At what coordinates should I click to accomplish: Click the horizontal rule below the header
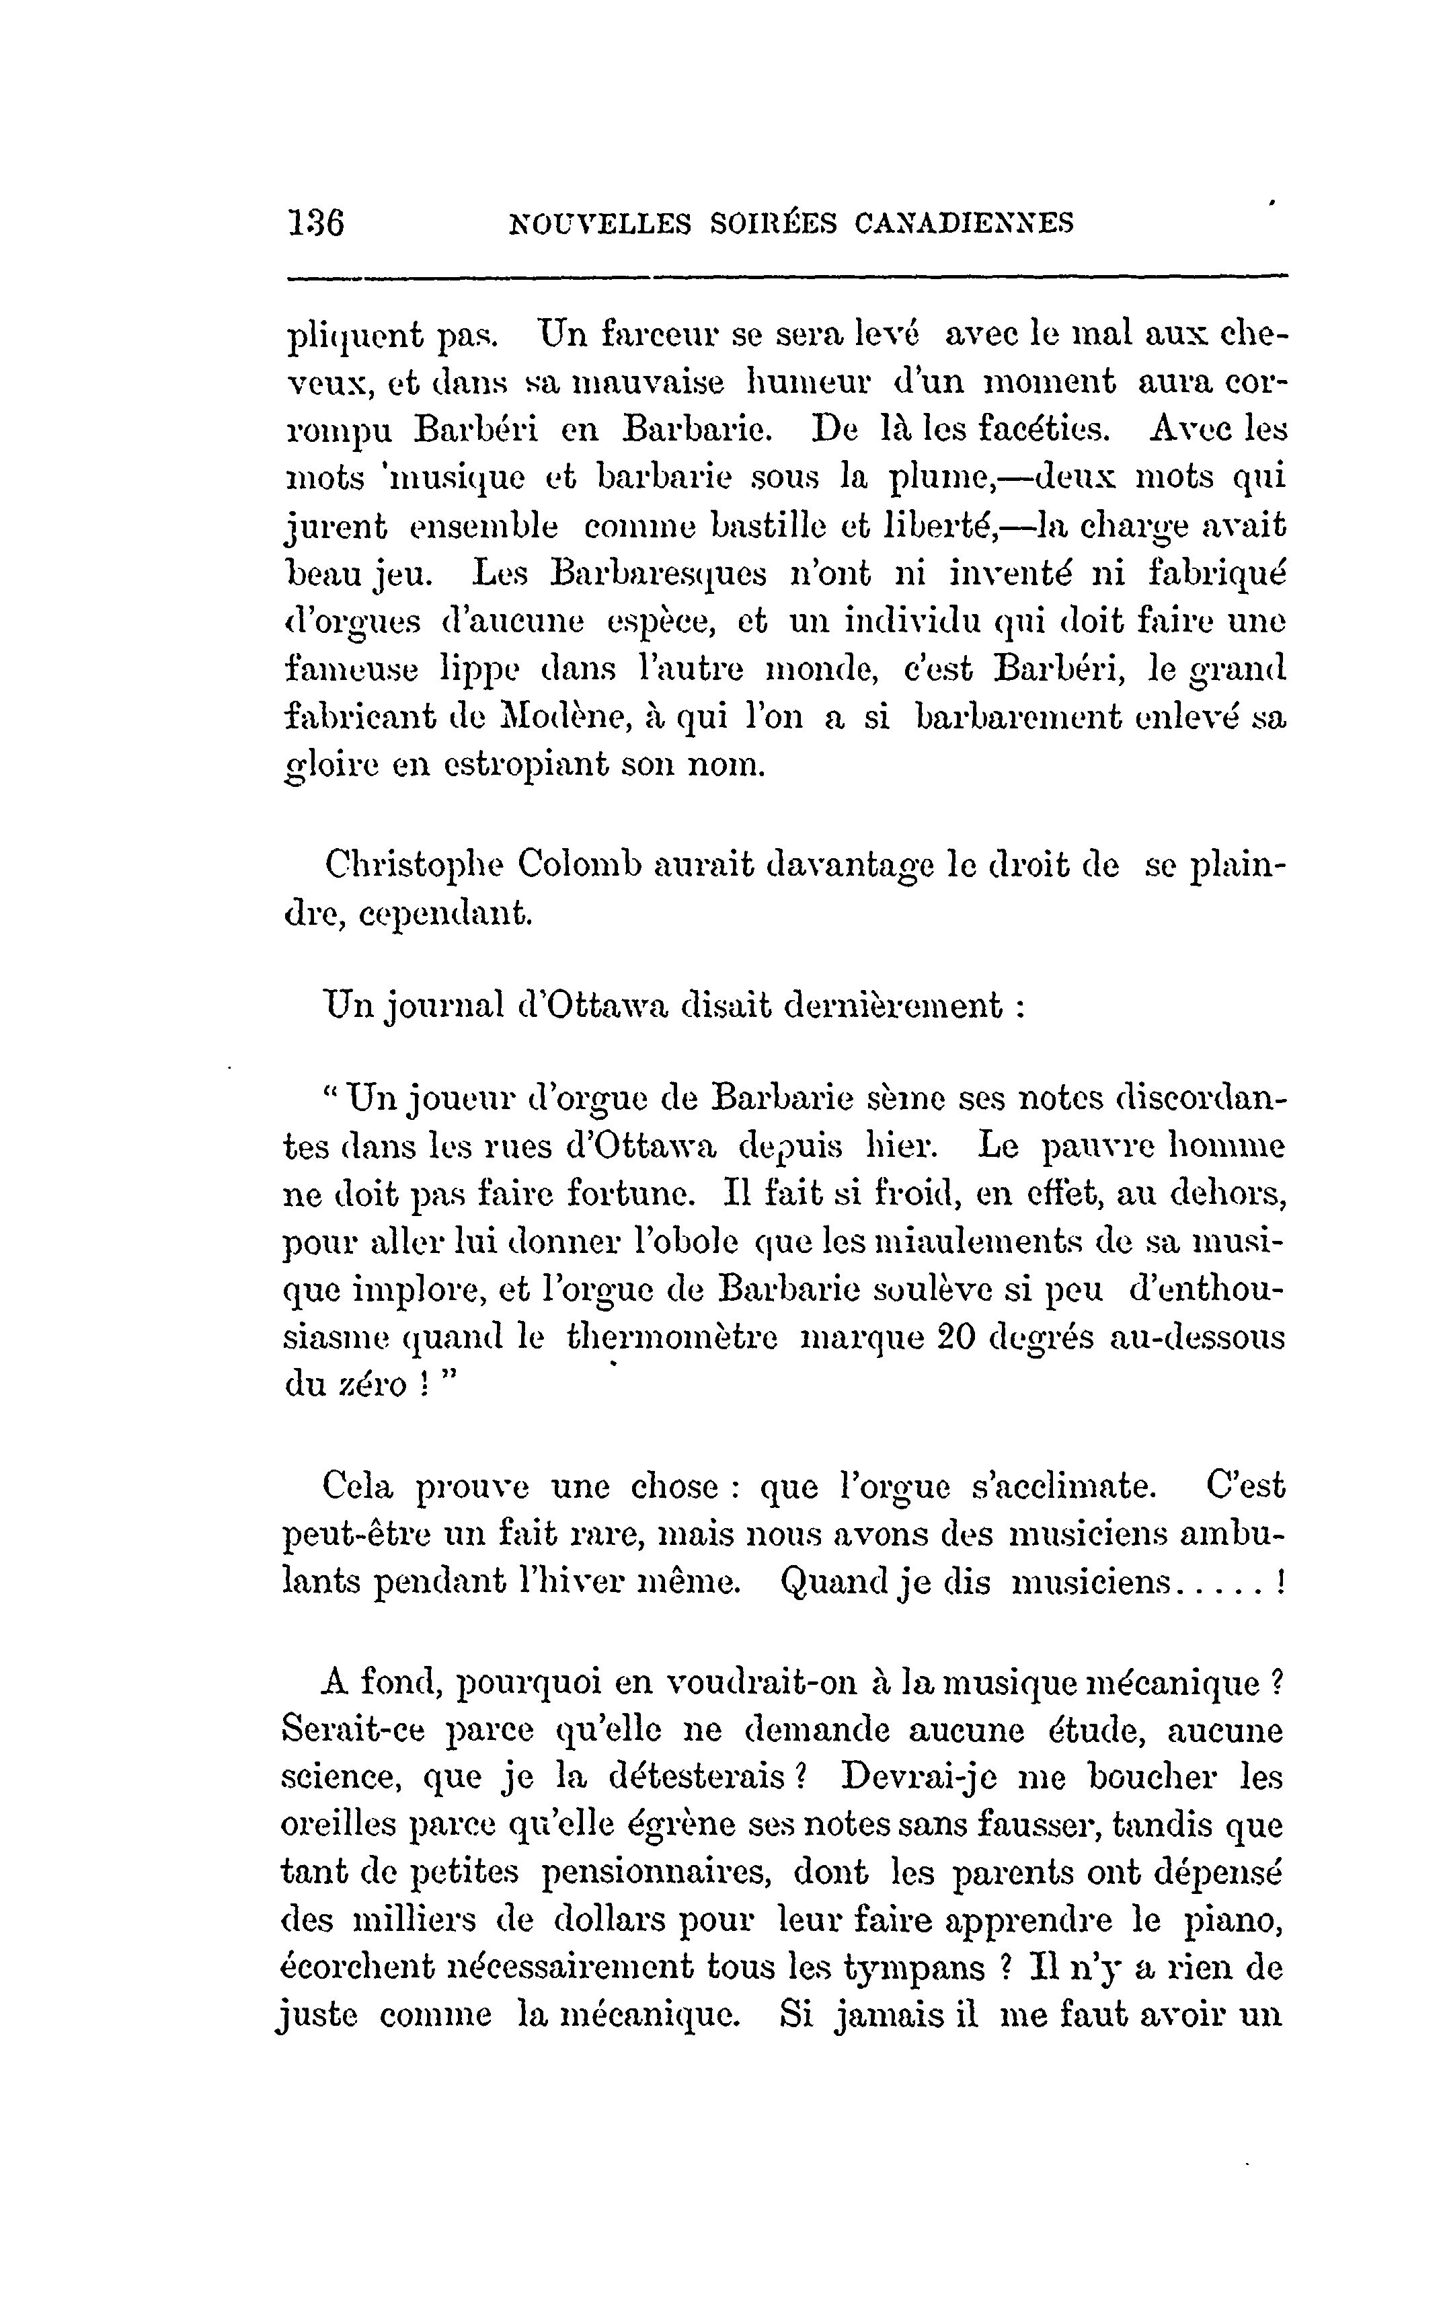(x=787, y=278)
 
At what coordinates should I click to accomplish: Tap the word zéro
(x=373, y=1386)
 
